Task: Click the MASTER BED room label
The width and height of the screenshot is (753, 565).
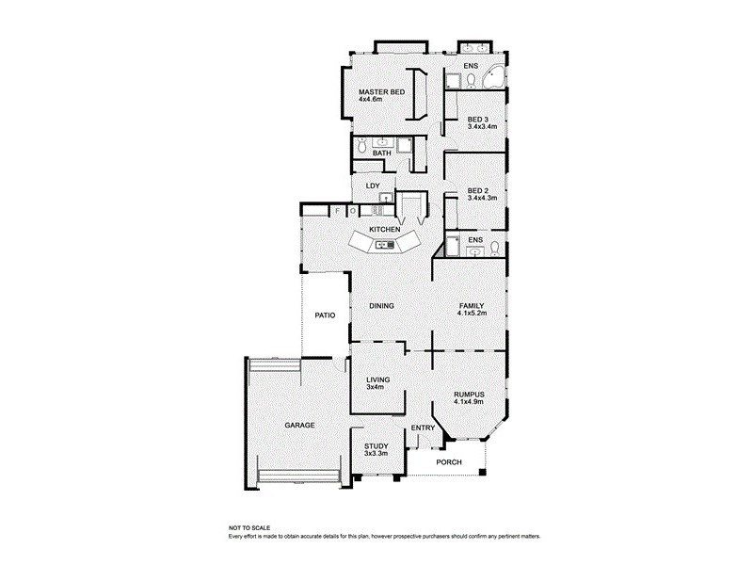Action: coord(381,90)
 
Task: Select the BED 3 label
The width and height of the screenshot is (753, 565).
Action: coord(478,120)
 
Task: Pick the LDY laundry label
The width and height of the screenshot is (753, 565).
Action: coord(373,186)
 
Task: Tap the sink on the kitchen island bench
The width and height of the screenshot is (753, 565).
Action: coord(384,246)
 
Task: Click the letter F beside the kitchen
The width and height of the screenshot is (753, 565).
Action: coord(337,212)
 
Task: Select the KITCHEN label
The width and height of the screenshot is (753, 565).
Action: coord(385,230)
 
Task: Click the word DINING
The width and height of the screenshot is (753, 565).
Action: coord(381,306)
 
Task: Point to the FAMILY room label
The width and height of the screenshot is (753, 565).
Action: coord(472,306)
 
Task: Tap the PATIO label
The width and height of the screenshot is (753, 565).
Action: coord(326,315)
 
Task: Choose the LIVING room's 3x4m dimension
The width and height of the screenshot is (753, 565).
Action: coord(376,387)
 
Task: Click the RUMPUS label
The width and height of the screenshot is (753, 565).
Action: coord(468,395)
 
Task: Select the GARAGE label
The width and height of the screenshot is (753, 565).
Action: coord(299,426)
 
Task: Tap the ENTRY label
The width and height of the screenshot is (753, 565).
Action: coord(424,429)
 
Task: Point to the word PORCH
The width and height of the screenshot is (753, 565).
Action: coord(451,462)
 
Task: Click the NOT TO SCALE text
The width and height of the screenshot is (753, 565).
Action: coord(249,529)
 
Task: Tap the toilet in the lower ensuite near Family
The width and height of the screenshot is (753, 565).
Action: coord(494,250)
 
